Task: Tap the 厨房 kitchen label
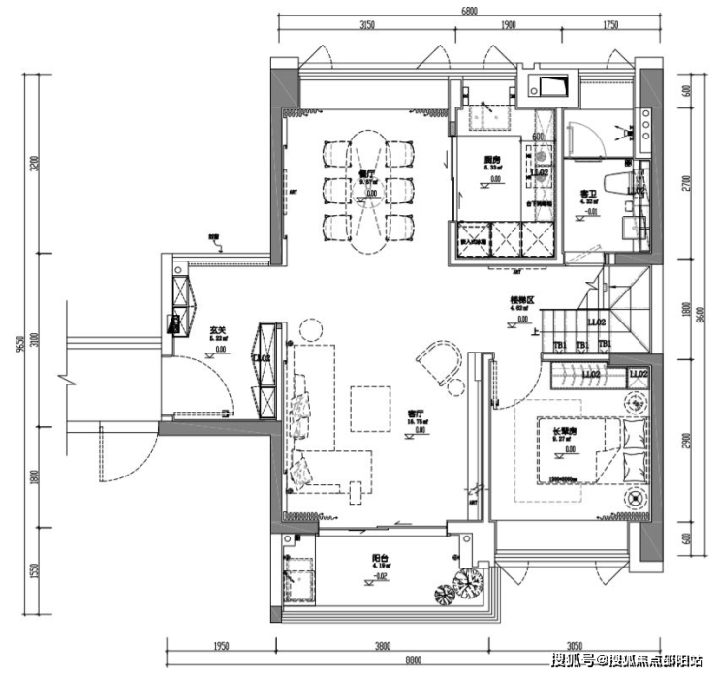click(491, 160)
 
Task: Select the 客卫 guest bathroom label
click(586, 194)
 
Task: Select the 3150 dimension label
click(366, 26)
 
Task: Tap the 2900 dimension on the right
click(685, 441)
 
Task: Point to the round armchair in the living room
click(440, 369)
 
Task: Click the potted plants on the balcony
click(461, 587)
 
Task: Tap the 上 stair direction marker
click(537, 332)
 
